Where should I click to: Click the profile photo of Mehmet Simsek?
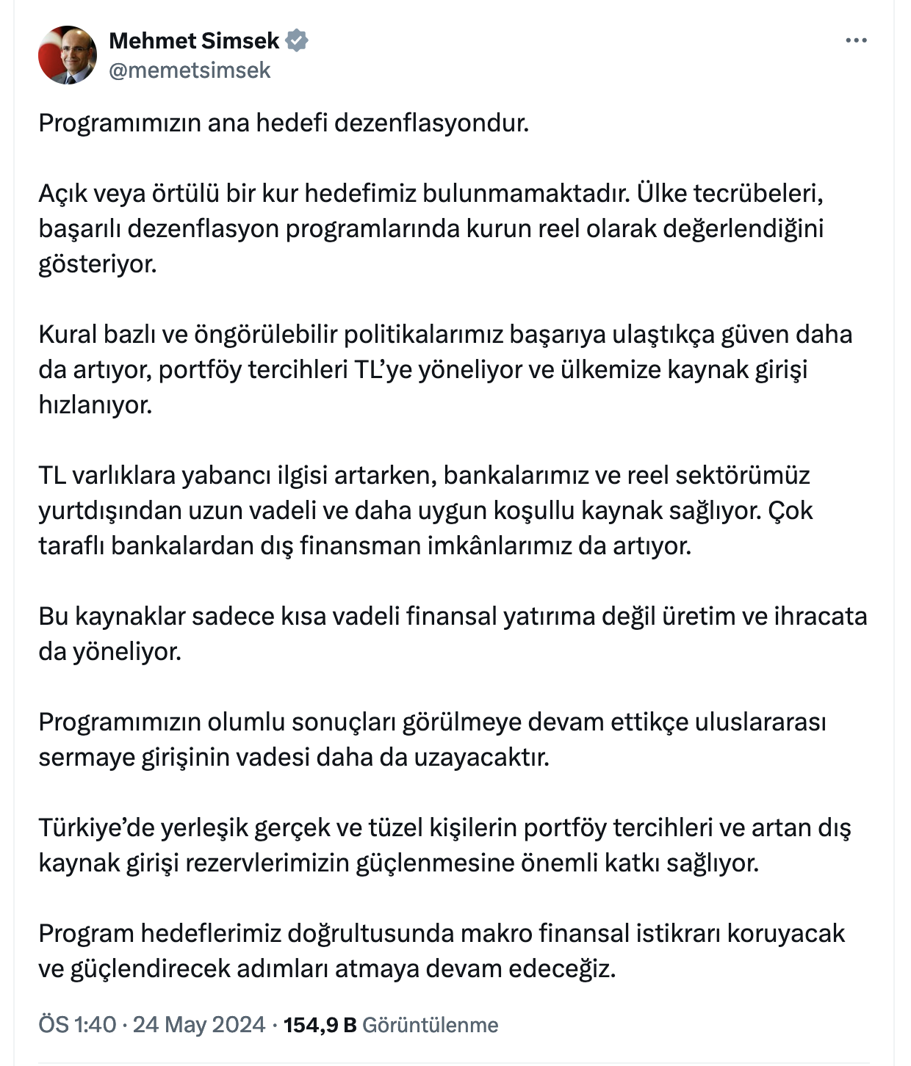[x=68, y=55]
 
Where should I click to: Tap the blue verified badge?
[x=296, y=40]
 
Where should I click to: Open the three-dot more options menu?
[x=856, y=40]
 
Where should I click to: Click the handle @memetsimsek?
[x=190, y=70]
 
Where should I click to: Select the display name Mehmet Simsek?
[x=194, y=40]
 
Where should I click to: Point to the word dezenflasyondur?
[x=431, y=123]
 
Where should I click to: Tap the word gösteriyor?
[x=98, y=264]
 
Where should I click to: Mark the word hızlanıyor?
[x=96, y=405]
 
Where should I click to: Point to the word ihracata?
[x=820, y=616]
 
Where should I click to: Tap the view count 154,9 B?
[x=320, y=1024]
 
